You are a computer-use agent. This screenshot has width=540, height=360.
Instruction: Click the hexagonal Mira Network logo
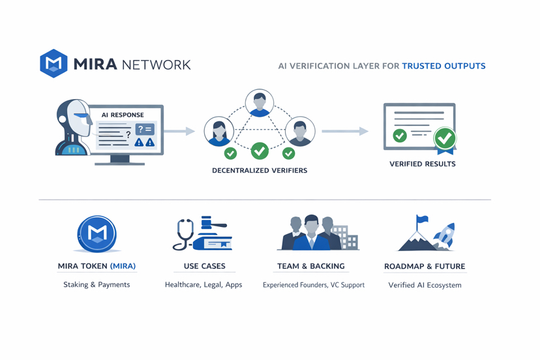click(x=53, y=64)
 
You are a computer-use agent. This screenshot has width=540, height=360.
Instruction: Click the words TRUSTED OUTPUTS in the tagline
click(x=443, y=66)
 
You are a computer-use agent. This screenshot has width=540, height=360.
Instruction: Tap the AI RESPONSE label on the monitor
click(x=123, y=115)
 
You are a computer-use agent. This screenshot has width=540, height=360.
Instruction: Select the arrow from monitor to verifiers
click(x=179, y=131)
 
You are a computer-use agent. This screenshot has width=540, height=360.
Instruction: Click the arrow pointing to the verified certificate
click(x=344, y=131)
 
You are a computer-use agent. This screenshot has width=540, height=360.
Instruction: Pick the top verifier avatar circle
click(x=260, y=103)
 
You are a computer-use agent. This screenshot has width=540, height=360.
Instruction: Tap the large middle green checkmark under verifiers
click(x=260, y=151)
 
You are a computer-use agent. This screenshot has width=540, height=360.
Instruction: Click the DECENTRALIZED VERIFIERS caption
click(x=260, y=170)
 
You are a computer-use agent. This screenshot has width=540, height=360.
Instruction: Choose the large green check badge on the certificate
click(x=445, y=138)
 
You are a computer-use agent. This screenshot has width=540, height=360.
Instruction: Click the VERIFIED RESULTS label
click(x=423, y=164)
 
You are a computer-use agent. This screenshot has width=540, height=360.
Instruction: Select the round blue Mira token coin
click(x=97, y=233)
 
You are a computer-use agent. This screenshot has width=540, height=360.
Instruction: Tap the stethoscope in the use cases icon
click(x=184, y=233)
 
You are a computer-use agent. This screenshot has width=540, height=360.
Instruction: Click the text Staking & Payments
click(x=97, y=284)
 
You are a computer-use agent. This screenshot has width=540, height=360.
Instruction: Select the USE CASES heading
click(x=204, y=266)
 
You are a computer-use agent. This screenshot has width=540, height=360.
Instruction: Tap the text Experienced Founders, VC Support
click(x=314, y=285)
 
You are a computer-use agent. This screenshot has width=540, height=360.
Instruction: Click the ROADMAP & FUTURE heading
click(x=425, y=266)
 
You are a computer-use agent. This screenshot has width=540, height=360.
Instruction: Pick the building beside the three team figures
click(x=346, y=237)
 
